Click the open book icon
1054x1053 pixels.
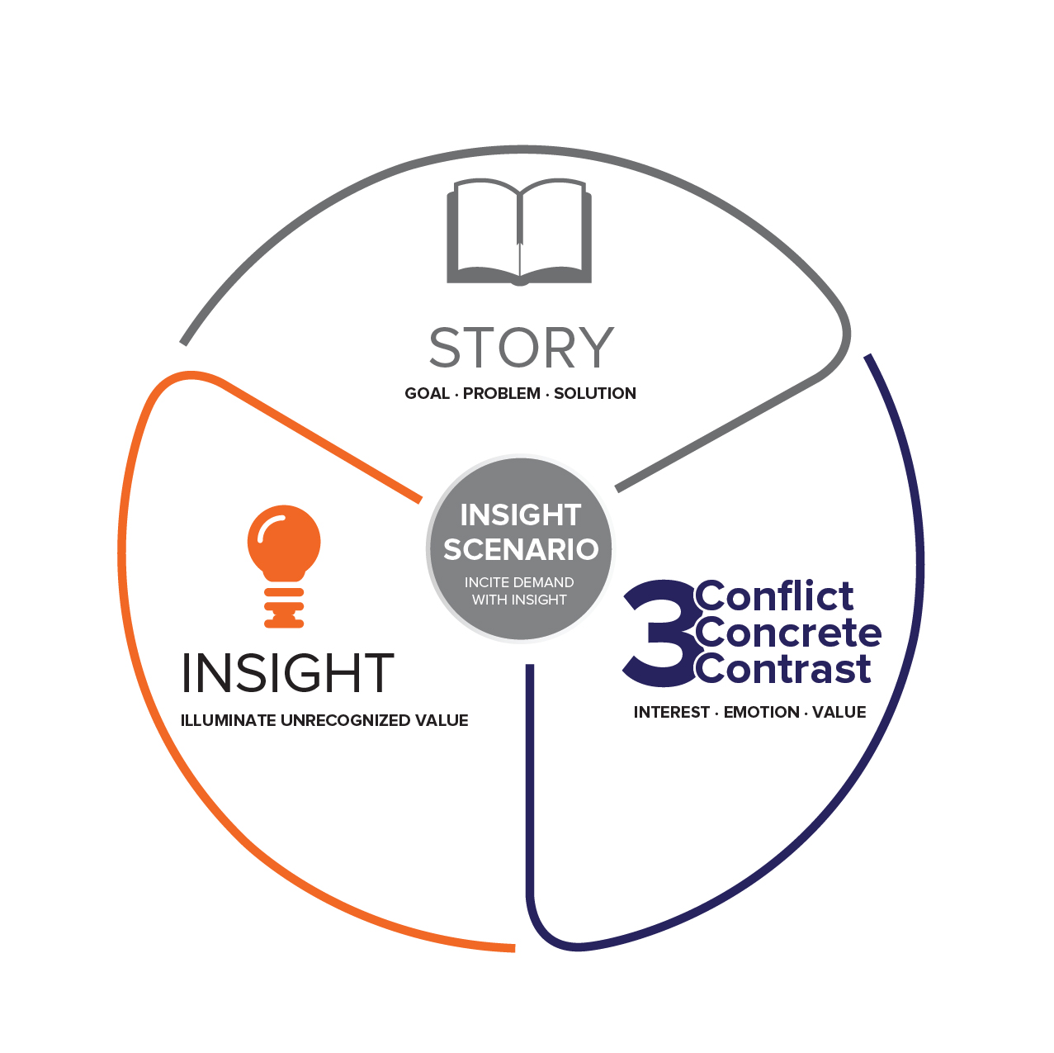tap(519, 231)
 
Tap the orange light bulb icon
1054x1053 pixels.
tap(284, 566)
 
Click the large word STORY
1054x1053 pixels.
tap(522, 348)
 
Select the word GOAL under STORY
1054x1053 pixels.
tap(428, 393)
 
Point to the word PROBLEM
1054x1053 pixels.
tap(502, 393)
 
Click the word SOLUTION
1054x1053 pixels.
tap(595, 393)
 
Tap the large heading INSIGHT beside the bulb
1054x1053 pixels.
tap(288, 672)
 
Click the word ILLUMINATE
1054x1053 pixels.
tap(228, 720)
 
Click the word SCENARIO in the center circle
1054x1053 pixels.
tap(521, 549)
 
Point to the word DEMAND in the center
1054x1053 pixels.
tap(542, 582)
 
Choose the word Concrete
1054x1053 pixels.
tap(788, 633)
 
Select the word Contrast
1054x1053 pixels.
tap(783, 669)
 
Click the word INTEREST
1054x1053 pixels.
tap(672, 712)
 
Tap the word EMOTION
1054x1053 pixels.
tap(761, 712)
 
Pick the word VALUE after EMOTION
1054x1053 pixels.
tap(839, 712)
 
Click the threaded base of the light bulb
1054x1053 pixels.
tap(284, 608)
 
